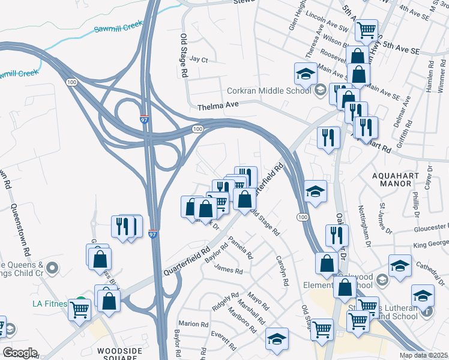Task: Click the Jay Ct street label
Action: coord(198,60)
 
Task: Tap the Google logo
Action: coord(20,353)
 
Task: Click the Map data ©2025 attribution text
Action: coord(423,355)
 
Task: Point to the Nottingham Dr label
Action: coord(367,223)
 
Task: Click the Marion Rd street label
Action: coord(193,324)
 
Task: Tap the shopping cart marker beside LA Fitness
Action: coord(80,310)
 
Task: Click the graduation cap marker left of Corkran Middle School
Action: coord(305,74)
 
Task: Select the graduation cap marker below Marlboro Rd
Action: coord(277,338)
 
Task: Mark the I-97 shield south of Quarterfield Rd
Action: coord(153,235)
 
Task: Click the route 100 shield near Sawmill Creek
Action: coord(72,81)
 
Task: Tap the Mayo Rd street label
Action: coord(258,298)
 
